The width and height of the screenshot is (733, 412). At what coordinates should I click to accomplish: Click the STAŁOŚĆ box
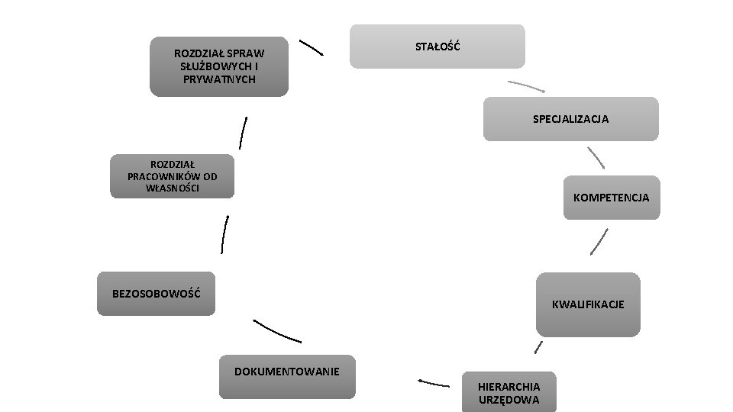pyautogui.click(x=438, y=47)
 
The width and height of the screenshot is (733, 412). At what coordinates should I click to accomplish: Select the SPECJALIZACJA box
pyautogui.click(x=570, y=119)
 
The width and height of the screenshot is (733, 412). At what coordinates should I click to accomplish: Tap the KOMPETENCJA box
pyautogui.click(x=611, y=198)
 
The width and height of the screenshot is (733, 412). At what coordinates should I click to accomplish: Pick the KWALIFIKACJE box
pyautogui.click(x=588, y=304)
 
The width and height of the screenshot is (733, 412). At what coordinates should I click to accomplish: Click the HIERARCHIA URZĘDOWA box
pyautogui.click(x=509, y=392)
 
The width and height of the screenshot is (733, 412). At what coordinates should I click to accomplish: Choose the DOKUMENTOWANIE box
pyautogui.click(x=287, y=376)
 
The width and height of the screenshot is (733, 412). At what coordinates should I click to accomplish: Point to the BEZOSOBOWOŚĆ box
pyautogui.click(x=157, y=293)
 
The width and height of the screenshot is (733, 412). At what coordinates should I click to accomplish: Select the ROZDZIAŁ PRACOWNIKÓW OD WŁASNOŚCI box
pyautogui.click(x=172, y=176)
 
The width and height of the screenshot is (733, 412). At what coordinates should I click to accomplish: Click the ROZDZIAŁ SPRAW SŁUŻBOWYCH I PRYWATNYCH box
pyautogui.click(x=219, y=66)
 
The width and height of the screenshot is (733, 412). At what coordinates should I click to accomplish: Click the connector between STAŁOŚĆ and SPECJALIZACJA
pyautogui.click(x=525, y=85)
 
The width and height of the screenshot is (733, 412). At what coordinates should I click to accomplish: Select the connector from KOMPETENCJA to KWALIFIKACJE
pyautogui.click(x=599, y=242)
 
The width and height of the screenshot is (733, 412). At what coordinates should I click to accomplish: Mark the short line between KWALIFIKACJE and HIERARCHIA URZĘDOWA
pyautogui.click(x=539, y=347)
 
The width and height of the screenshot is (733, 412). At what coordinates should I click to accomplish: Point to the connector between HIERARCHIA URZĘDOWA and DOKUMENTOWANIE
pyautogui.click(x=433, y=382)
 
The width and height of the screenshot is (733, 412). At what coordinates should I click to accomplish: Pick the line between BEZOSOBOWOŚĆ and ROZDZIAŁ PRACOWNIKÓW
pyautogui.click(x=224, y=233)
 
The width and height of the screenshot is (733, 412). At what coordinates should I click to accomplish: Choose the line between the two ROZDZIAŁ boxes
pyautogui.click(x=243, y=133)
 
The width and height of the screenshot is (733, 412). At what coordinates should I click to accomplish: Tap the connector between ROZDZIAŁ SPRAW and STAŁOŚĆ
pyautogui.click(x=312, y=47)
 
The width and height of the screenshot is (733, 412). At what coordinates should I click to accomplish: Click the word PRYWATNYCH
pyautogui.click(x=219, y=79)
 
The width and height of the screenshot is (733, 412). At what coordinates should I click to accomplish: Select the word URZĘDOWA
pyautogui.click(x=509, y=400)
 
